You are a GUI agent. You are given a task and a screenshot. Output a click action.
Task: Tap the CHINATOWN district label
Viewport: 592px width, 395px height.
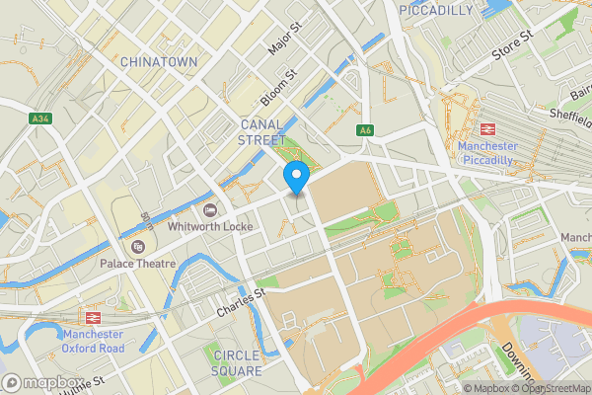pyautogui.click(x=161, y=62)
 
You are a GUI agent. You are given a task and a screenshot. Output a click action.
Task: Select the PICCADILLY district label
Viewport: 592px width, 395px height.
pyautogui.click(x=436, y=10)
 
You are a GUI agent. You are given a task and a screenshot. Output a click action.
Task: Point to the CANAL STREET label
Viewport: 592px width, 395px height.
pyautogui.click(x=261, y=132)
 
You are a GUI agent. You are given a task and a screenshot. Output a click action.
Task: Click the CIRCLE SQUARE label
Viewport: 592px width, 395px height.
pyautogui.click(x=237, y=362)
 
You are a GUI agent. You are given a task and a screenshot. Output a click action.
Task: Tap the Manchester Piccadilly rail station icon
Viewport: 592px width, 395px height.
pyautogui.click(x=486, y=128)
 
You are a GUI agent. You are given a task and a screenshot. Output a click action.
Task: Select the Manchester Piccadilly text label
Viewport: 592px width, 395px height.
pyautogui.click(x=486, y=154)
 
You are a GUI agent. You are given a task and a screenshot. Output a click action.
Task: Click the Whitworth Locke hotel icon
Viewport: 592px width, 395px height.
pyautogui.click(x=209, y=209)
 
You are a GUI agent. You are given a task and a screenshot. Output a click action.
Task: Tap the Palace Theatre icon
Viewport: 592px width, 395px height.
pyautogui.click(x=137, y=246)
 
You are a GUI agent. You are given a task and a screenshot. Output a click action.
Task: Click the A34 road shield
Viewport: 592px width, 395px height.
pyautogui.click(x=39, y=118)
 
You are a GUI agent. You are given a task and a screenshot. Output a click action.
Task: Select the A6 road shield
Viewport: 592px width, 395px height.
pyautogui.click(x=365, y=129)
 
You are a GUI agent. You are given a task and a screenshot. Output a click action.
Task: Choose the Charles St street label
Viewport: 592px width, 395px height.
pyautogui.click(x=242, y=301)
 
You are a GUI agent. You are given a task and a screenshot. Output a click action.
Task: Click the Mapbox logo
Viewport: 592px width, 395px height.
pyautogui.click(x=41, y=382)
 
